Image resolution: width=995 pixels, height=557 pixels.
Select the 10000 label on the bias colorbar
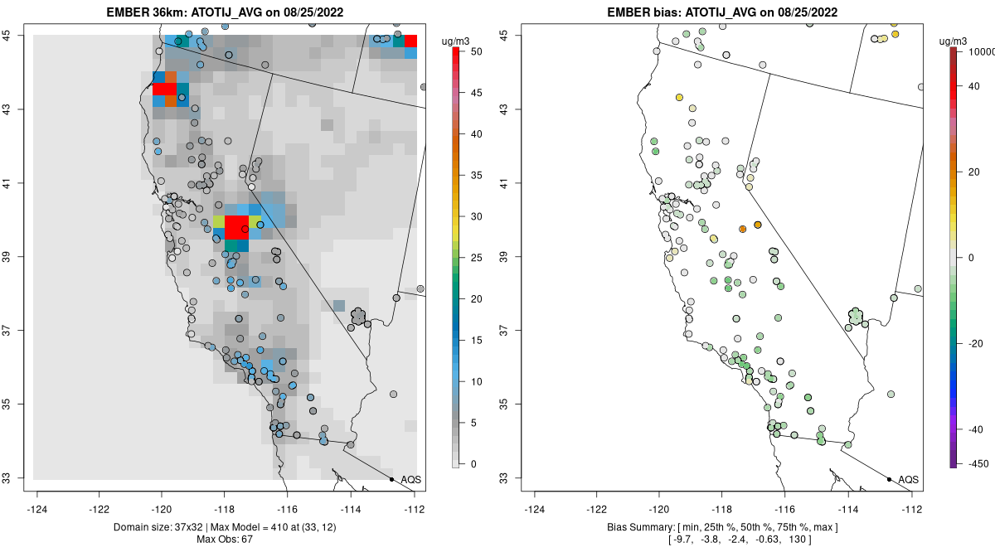[x=976, y=51]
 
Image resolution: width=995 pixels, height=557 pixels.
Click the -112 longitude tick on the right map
[x=912, y=509]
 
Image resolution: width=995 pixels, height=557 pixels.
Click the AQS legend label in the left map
[x=410, y=480]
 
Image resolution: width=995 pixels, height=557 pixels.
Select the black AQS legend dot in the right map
[x=889, y=479]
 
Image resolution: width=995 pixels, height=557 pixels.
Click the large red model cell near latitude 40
[x=237, y=226]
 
